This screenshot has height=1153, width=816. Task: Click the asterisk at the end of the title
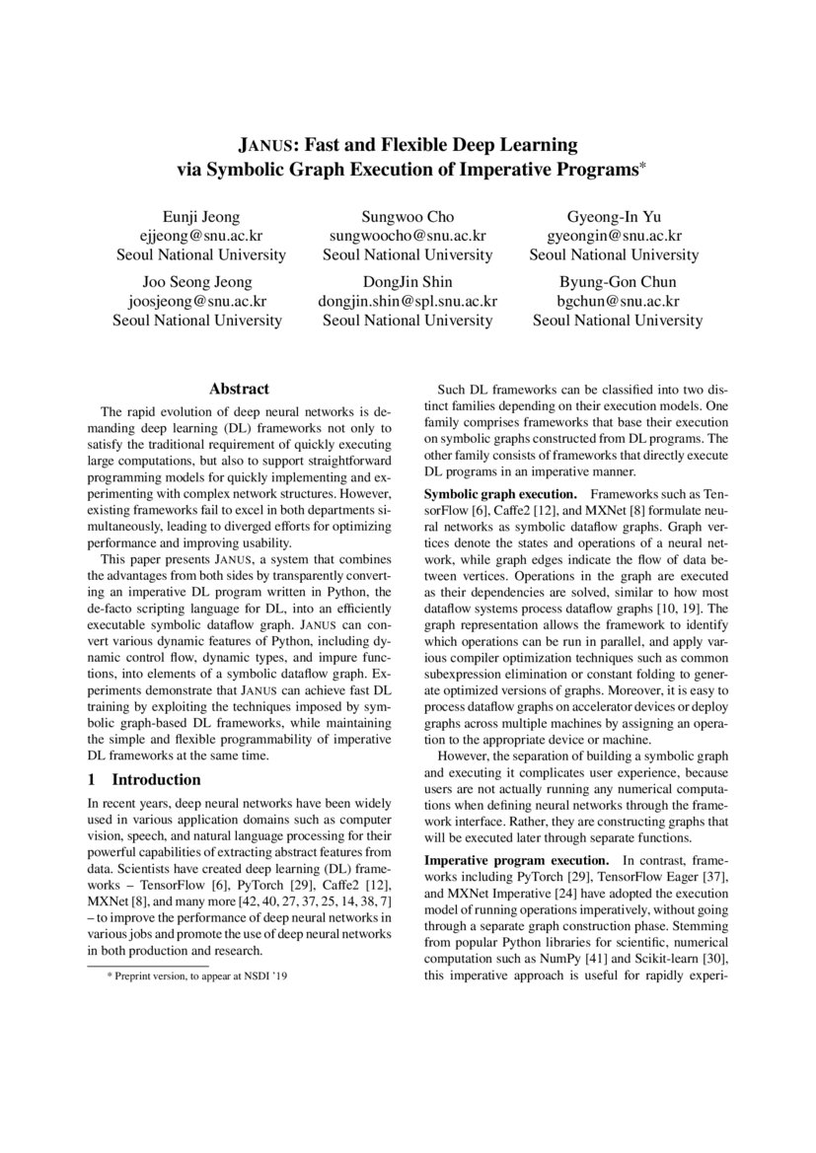641,166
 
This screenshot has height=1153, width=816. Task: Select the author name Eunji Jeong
200,217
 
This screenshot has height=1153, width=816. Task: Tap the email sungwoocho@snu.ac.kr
408,236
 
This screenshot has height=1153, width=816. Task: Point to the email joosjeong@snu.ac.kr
197,301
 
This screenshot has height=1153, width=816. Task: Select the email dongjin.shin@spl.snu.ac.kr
408,301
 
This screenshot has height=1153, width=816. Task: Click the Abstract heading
239,390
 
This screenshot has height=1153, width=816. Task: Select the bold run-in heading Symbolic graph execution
499,492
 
